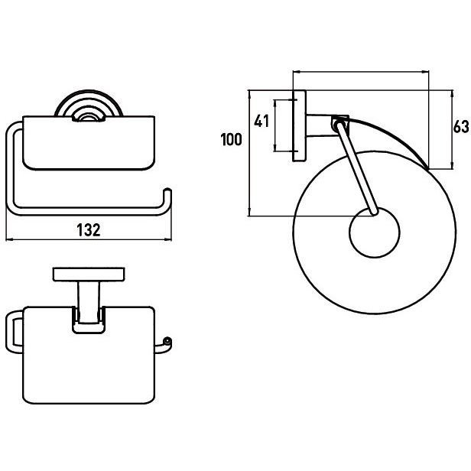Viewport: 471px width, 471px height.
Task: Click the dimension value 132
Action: pos(89,230)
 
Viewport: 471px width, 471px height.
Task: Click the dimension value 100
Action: pos(231,140)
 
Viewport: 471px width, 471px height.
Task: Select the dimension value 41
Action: pos(261,122)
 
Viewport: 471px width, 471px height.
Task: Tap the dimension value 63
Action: pos(461,126)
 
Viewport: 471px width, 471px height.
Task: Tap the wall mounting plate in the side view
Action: pos(299,126)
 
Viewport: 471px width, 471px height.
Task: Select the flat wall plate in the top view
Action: pos(89,274)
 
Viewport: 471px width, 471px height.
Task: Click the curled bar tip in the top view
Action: pos(167,342)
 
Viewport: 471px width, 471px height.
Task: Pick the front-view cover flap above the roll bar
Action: pos(89,143)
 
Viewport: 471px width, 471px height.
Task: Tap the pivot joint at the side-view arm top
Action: pos(339,124)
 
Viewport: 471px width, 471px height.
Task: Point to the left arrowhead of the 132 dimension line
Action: pos(9,240)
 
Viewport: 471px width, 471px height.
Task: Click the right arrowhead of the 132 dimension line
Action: pos(168,240)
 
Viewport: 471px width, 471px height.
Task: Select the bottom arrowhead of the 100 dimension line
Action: pos(249,213)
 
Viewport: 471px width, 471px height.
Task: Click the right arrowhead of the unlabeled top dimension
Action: pos(426,72)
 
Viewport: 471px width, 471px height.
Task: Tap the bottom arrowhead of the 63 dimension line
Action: pos(451,166)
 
